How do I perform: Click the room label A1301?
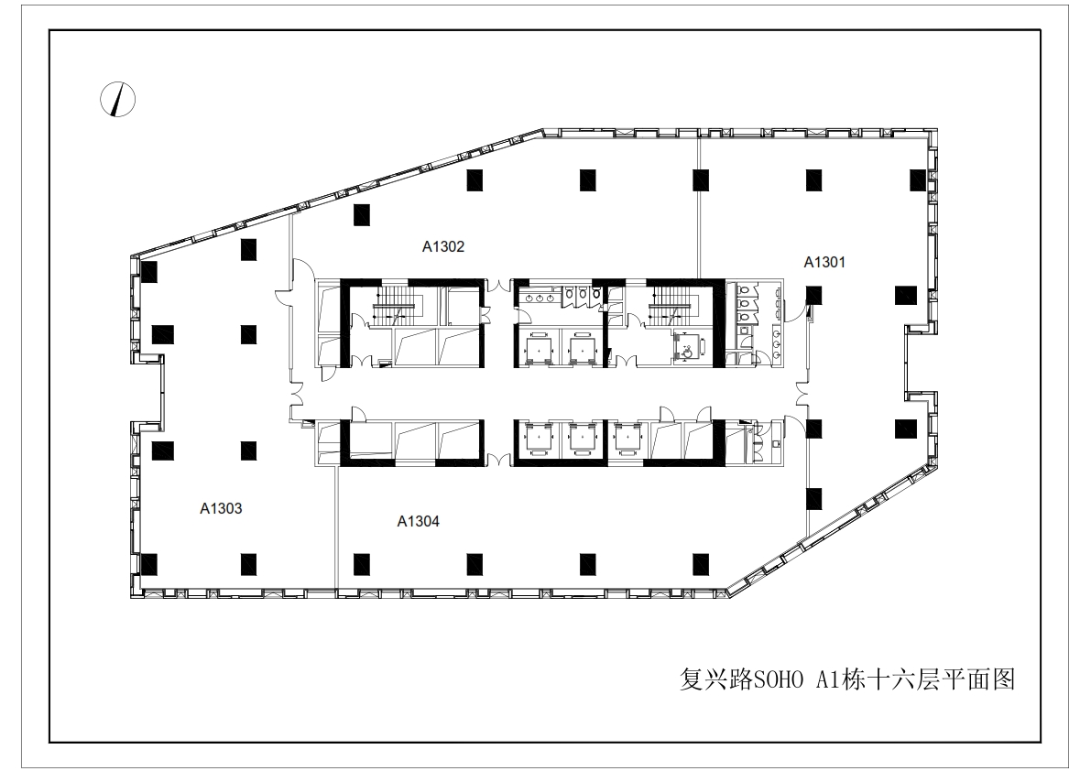(824, 262)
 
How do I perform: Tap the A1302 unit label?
(443, 246)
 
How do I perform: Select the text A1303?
(222, 508)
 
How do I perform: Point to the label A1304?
(418, 521)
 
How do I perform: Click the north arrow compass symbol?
(117, 100)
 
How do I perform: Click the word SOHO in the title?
(777, 679)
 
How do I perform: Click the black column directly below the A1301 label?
(813, 296)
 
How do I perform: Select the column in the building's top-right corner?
(918, 180)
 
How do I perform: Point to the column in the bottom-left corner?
(148, 564)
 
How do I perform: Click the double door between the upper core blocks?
(498, 287)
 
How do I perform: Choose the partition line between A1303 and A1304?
(337, 527)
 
